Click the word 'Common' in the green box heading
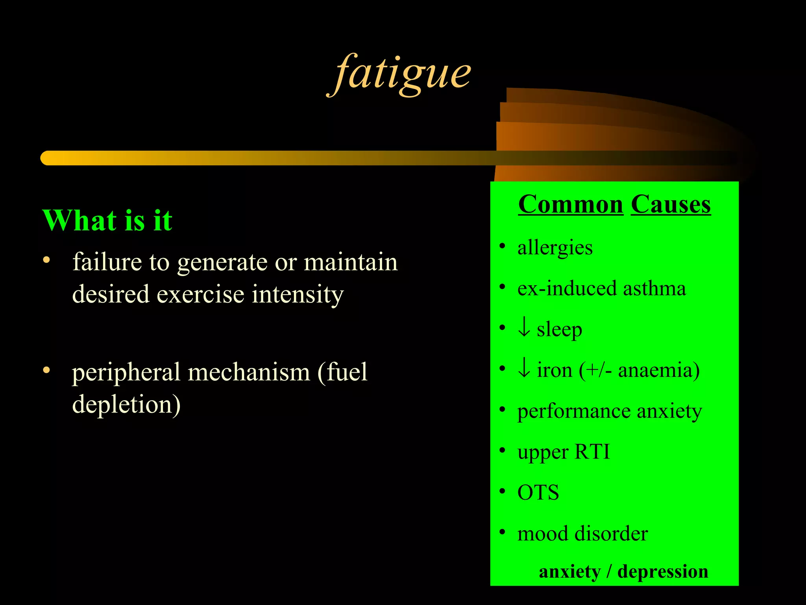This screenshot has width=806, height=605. coord(570,205)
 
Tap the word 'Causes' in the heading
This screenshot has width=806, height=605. coord(671,205)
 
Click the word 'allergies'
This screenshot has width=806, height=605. coord(555,248)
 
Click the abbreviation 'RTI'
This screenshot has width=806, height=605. coord(592,452)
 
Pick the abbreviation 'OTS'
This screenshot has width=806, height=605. coord(538,493)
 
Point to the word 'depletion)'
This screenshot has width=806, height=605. coord(126,405)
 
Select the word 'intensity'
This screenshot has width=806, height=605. coord(298,295)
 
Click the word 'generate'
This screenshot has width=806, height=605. coord(222,263)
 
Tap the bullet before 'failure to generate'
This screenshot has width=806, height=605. coord(47,260)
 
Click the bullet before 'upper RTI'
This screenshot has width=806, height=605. coord(502,450)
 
